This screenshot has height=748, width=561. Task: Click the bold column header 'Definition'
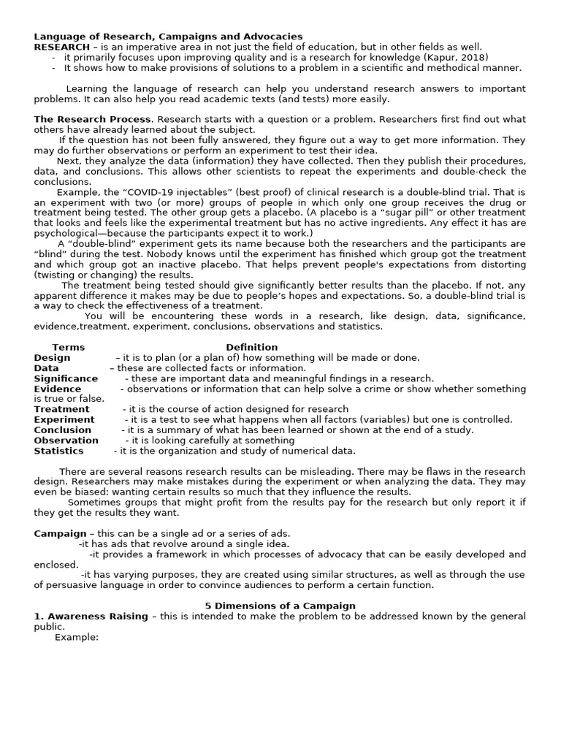(251, 347)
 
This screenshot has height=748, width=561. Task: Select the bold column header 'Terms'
(69, 347)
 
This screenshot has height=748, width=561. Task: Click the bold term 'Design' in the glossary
(52, 357)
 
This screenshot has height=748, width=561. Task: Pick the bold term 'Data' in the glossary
(46, 368)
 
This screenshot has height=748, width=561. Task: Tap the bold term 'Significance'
(66, 378)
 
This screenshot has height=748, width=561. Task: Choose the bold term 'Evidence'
(58, 389)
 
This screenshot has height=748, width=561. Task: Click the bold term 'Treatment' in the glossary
(61, 409)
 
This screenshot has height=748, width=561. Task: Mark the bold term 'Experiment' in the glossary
(64, 419)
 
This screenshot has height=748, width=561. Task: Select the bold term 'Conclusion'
(63, 430)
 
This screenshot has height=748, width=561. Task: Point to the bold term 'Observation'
(66, 440)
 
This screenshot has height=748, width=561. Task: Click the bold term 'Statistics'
(58, 451)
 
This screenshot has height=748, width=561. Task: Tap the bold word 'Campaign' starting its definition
(60, 533)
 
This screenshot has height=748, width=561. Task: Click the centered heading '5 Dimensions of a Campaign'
(279, 606)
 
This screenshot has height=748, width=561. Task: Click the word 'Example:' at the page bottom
(77, 637)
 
